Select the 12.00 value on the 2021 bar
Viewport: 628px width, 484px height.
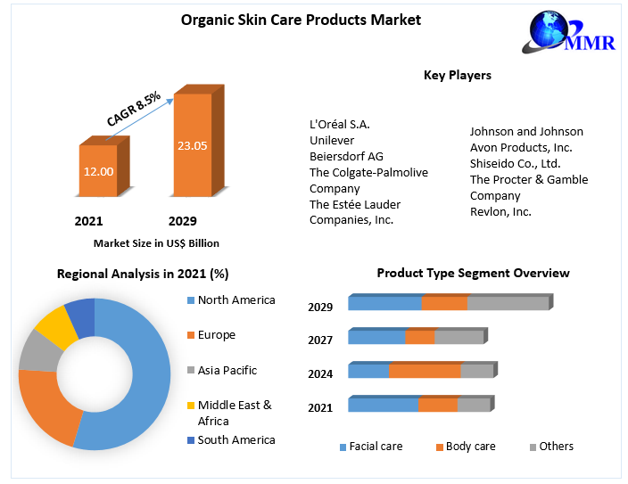pos(98,170)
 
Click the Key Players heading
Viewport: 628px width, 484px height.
pos(457,76)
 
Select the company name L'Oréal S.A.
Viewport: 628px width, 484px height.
pos(339,124)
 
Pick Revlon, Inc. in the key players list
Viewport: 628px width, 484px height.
pos(500,211)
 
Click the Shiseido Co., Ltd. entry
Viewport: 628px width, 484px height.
pos(515,163)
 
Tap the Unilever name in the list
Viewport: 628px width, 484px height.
pos(332,140)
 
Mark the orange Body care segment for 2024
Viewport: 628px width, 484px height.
pos(425,371)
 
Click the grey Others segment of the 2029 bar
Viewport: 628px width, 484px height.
pos(508,303)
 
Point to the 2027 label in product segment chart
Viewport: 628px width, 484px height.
pos(320,340)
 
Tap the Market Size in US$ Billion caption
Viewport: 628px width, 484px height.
pos(156,242)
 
